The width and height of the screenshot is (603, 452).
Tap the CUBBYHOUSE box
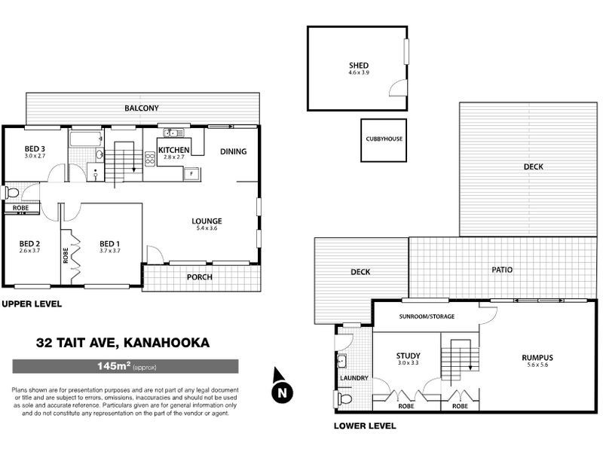coord(384,140)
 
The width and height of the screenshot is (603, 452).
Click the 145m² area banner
coord(126,367)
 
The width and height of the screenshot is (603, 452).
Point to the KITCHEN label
coord(174,149)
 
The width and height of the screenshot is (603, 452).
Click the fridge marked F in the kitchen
coord(191,173)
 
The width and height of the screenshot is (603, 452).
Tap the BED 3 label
coord(35,148)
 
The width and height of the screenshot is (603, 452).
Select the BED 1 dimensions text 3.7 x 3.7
coord(110,251)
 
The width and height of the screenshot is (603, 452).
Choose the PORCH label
coord(200,276)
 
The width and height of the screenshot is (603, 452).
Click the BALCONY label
coord(142,108)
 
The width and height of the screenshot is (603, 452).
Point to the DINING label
coord(234,151)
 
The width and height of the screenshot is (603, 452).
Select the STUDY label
coord(408,356)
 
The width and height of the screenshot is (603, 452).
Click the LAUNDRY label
coord(354,378)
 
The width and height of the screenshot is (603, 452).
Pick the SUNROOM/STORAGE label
coord(427,316)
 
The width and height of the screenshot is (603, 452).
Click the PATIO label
coord(503,267)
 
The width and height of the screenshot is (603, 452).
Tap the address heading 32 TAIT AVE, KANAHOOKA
coord(123,343)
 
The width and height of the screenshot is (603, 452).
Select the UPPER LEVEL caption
coord(31,304)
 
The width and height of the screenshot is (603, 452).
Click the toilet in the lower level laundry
coord(344,398)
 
